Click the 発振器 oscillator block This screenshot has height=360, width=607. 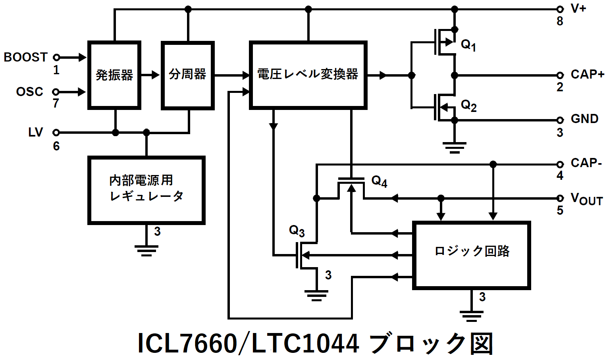[x=114, y=75]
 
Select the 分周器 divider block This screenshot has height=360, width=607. [x=188, y=75]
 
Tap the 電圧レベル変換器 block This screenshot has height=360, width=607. [x=308, y=75]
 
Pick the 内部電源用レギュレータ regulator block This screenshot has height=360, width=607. [x=146, y=190]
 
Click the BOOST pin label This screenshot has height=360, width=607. [x=25, y=57]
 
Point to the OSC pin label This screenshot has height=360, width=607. [x=29, y=92]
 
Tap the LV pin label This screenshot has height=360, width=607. [x=35, y=132]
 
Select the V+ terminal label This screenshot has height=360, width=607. [x=578, y=8]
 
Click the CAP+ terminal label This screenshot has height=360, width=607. [x=587, y=74]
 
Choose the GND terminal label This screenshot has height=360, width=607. [x=584, y=119]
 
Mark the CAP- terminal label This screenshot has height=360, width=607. [x=586, y=163]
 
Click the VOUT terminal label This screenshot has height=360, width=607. [x=586, y=199]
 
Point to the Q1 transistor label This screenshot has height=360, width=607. [x=468, y=45]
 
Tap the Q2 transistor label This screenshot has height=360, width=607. [x=468, y=105]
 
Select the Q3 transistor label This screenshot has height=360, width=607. [x=297, y=231]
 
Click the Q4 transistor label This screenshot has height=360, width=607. [x=379, y=181]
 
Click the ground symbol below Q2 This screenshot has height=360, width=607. [x=455, y=147]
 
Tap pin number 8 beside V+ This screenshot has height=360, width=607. [x=560, y=21]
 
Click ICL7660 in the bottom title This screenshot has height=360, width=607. [x=187, y=343]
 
